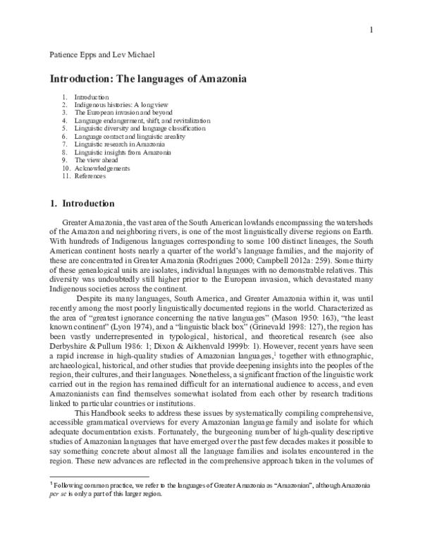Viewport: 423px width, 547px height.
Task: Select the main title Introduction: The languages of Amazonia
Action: click(x=147, y=80)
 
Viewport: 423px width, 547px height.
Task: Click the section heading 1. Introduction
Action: click(x=82, y=204)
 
